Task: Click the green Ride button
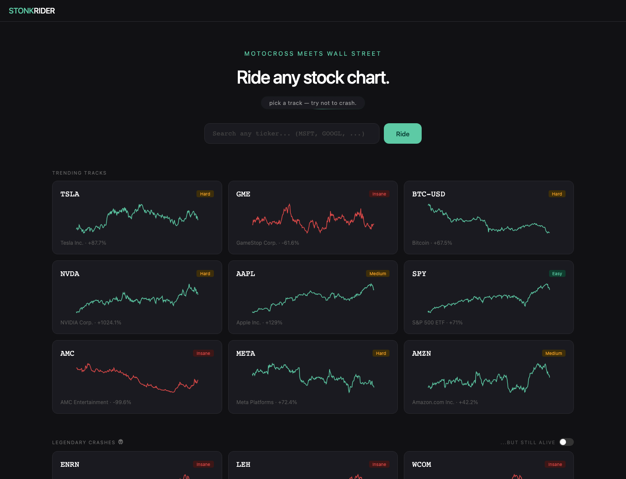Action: [403, 133]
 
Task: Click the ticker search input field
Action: [292, 133]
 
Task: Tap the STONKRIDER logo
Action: [32, 11]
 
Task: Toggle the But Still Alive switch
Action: [566, 442]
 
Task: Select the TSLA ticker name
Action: [70, 194]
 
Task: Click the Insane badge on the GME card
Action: [379, 194]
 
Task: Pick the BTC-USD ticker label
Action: [428, 194]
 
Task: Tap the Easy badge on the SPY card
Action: [557, 273]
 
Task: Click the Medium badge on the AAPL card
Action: [378, 273]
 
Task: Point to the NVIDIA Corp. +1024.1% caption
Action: [91, 323]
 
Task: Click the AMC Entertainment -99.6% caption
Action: [96, 402]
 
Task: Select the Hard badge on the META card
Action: [381, 353]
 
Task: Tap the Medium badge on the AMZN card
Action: [553, 353]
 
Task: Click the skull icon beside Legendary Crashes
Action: [121, 442]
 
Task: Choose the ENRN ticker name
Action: [70, 465]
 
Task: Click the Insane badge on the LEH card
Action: [379, 465]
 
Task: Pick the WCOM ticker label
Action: [422, 465]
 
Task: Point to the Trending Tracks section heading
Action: [79, 173]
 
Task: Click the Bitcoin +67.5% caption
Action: [432, 243]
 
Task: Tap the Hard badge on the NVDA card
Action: [205, 273]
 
